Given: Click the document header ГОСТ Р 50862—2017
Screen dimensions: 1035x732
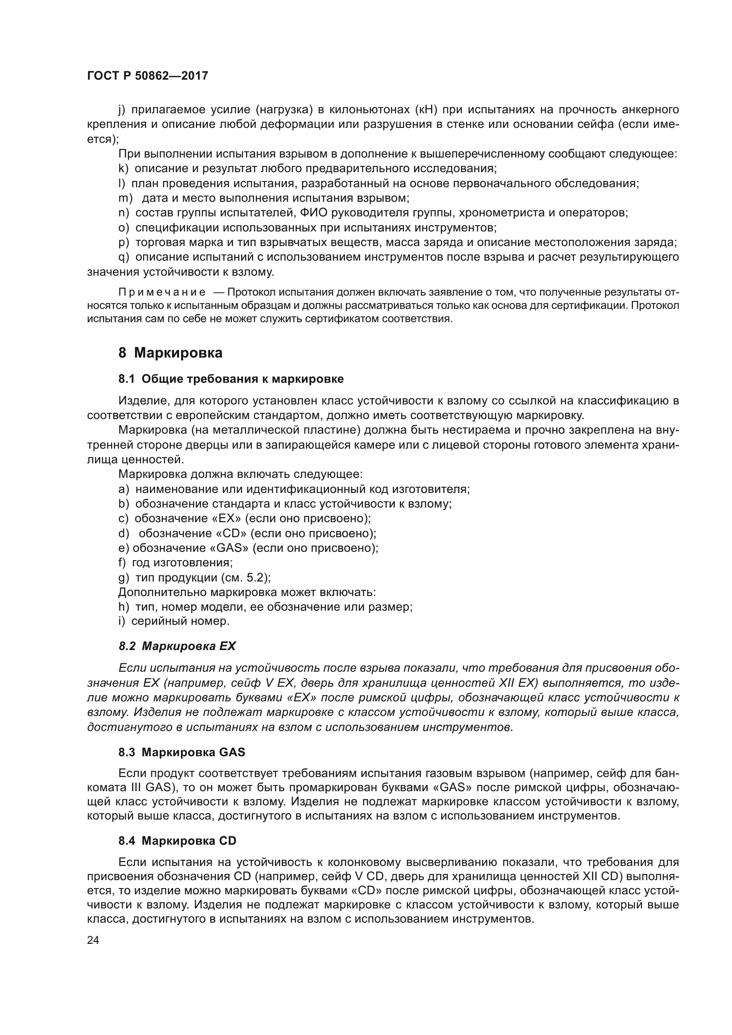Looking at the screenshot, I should tap(147, 76).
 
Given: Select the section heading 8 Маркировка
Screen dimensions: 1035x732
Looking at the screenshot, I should tap(170, 353).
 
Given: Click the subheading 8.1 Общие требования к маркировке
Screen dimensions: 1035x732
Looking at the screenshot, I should tap(231, 379).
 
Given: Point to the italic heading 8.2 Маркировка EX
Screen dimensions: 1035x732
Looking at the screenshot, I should tap(177, 646).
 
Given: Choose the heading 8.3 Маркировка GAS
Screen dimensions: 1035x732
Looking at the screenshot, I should tap(181, 752).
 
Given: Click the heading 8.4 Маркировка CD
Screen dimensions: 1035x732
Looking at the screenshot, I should tap(177, 841).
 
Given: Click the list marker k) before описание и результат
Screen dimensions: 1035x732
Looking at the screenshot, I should tap(123, 169).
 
